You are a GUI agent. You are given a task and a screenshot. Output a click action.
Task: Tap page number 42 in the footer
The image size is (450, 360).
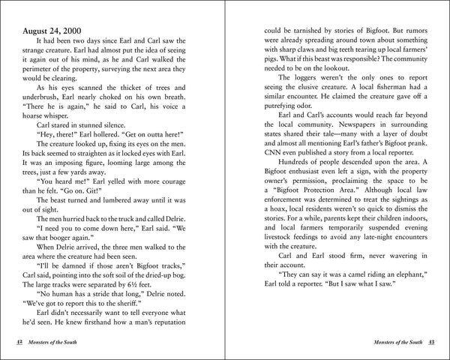(18, 341)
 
